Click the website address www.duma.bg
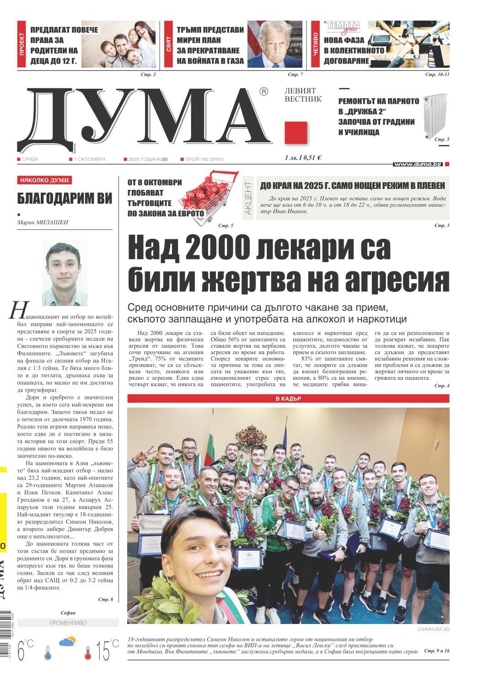tap(418, 164)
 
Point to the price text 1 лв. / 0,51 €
tap(302, 158)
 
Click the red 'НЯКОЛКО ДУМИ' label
tap(44, 180)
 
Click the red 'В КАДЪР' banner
tap(288, 398)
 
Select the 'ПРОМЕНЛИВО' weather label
tap(67, 623)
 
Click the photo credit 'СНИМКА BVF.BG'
tap(433, 629)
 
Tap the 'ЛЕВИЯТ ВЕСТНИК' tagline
tap(303, 95)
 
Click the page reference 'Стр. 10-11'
tap(437, 74)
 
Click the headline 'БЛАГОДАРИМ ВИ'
tap(65, 198)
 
